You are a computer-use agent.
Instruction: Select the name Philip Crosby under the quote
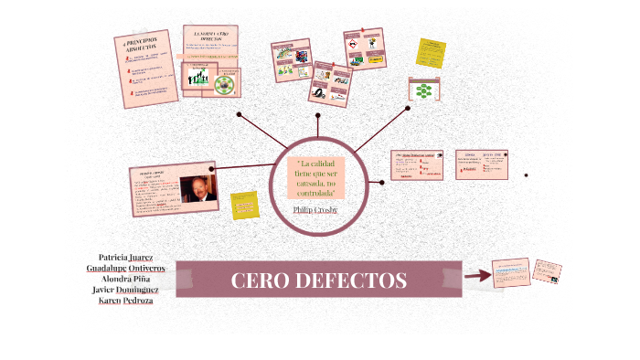click(x=315, y=209)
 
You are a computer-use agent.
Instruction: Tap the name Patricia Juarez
click(x=125, y=258)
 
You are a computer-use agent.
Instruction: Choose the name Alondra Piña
click(x=125, y=279)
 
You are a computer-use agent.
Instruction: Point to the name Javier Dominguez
click(x=125, y=290)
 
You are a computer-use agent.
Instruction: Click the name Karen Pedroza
click(x=125, y=301)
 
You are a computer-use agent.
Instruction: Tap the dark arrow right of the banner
click(x=477, y=275)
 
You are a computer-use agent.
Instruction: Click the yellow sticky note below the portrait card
click(x=245, y=205)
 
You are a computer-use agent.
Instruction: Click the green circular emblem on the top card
click(x=223, y=83)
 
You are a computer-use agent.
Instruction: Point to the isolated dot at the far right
click(x=526, y=175)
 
